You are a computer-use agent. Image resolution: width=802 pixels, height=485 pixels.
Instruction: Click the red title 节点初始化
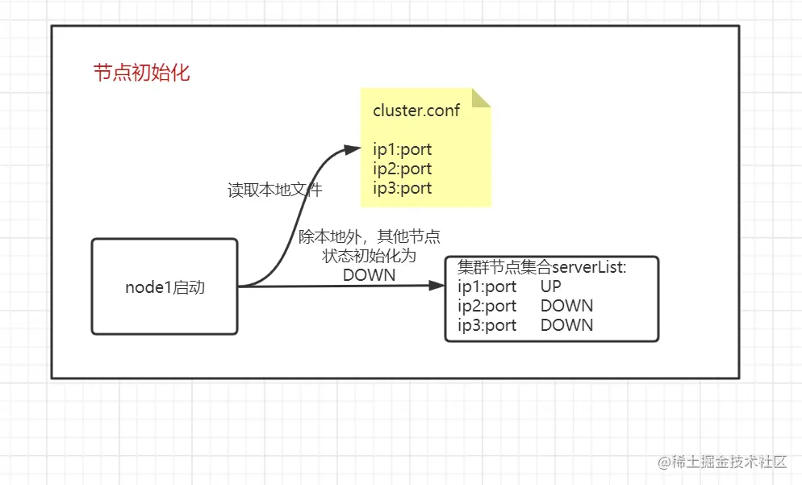click(x=141, y=73)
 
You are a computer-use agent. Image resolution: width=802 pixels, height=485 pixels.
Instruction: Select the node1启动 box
click(x=165, y=286)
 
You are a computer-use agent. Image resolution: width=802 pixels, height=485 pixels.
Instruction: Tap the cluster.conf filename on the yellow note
click(x=416, y=111)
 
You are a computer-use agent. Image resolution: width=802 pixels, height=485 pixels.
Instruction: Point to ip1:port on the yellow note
click(x=402, y=149)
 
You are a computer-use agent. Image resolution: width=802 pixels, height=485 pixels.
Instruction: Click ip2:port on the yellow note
click(x=402, y=169)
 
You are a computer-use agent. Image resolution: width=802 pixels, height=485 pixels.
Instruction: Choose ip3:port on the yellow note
click(x=402, y=188)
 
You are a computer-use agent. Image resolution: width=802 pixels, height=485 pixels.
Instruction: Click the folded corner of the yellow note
click(x=481, y=98)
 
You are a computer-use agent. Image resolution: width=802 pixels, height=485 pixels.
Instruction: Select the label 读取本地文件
click(x=275, y=190)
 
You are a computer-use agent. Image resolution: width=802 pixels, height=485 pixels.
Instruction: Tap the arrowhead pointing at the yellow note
click(x=352, y=149)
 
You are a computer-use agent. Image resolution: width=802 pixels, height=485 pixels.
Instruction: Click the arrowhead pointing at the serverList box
click(x=436, y=286)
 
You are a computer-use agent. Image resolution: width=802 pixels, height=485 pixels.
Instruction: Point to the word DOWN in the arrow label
click(x=369, y=274)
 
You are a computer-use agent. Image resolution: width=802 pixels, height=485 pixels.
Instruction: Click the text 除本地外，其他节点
click(x=369, y=236)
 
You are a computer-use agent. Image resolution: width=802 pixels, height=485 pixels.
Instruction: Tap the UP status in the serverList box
click(x=551, y=286)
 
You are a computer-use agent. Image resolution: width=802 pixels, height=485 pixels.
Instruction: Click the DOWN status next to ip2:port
click(x=566, y=306)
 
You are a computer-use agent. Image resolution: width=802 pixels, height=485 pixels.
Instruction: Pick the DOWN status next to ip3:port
click(x=566, y=325)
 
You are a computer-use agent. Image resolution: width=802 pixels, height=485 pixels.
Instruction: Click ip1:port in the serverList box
click(x=487, y=286)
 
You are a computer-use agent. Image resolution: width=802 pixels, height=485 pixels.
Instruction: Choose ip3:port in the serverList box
click(x=487, y=325)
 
